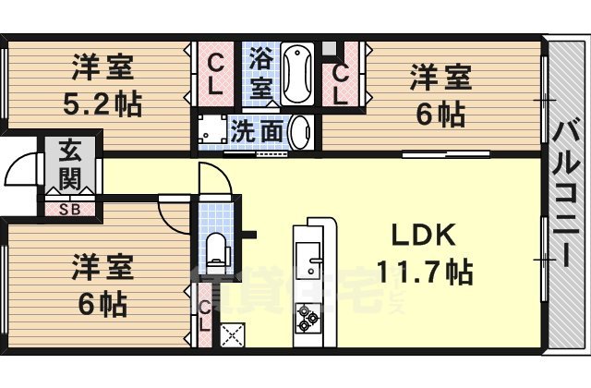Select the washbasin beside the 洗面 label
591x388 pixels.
point(300,132)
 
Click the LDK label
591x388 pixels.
point(423,237)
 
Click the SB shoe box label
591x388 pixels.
point(68,209)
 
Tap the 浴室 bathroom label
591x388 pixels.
point(261,73)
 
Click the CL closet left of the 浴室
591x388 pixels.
point(215,75)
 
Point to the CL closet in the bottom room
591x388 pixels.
point(206,315)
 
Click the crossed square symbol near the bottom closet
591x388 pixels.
point(231,333)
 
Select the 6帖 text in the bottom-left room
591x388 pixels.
point(103,302)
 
